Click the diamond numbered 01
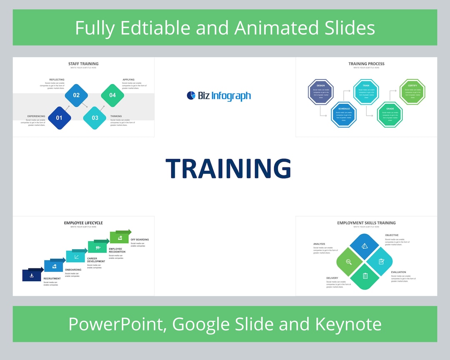[59, 118]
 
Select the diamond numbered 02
[76, 95]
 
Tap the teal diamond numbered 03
[95, 118]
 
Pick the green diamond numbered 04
[112, 95]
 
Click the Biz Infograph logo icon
[191, 96]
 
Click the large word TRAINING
[228, 169]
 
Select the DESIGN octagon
[320, 92]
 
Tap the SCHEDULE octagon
[344, 115]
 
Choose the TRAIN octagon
[366, 92]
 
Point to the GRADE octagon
[390, 115]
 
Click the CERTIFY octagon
[412, 92]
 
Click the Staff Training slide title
[83, 64]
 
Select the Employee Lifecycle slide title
[83, 223]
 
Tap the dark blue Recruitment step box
[32, 275]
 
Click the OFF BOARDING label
[140, 240]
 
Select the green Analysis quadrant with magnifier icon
[349, 262]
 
